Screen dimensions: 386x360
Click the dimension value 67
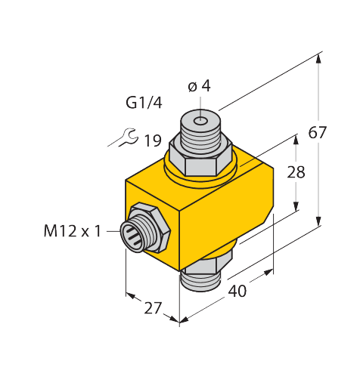318,133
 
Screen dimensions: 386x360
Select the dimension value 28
296,172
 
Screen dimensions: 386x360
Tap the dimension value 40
237,290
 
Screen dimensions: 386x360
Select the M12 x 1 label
73,230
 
